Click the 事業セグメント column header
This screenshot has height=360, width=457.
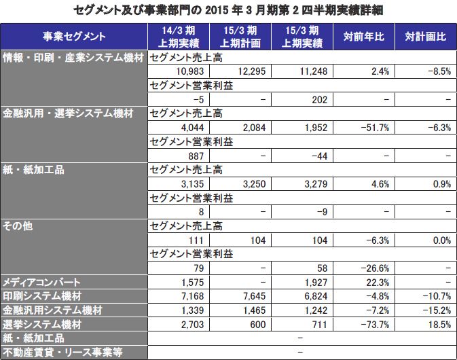74,37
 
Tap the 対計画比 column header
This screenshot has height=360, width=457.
425,37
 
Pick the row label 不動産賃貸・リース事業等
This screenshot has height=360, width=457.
61,352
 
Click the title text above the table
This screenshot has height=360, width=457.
228,10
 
